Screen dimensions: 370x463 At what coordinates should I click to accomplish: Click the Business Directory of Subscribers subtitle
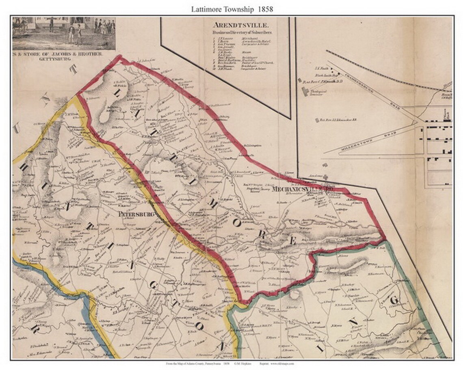(x=242, y=31)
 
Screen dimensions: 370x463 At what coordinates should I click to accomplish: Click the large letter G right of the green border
(x=393, y=301)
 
